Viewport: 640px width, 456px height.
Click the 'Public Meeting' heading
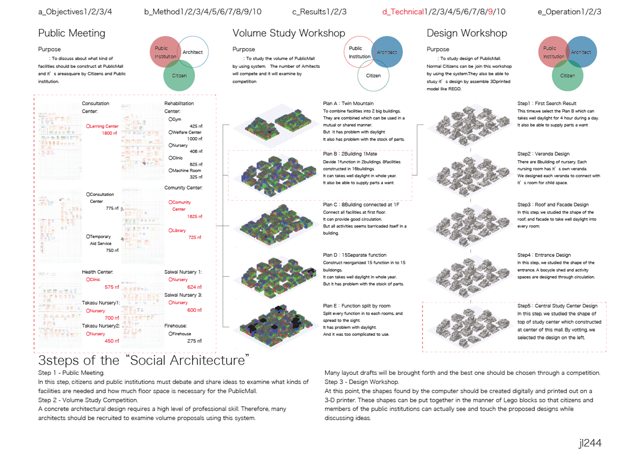coord(71,34)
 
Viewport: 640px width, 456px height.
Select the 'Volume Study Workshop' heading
coord(289,34)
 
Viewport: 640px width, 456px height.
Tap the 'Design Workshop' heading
coord(467,34)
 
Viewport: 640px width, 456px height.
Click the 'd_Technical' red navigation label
coord(403,12)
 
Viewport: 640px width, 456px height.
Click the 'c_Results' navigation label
coord(312,12)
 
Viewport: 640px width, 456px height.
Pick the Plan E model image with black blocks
coord(276,327)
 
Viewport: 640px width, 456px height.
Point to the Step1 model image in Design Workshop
coord(470,123)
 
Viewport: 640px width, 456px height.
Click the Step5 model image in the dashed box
coord(470,327)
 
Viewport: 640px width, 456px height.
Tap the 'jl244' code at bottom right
coord(590,443)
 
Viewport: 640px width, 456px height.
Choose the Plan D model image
coord(276,276)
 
